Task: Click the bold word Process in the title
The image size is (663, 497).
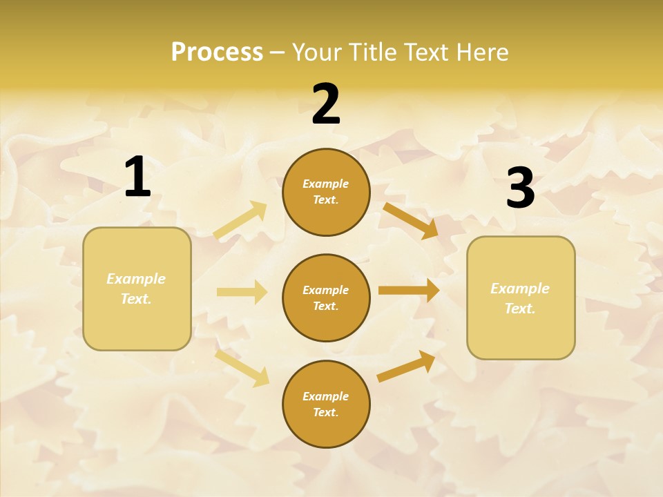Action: (217, 52)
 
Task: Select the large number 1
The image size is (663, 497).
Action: (137, 177)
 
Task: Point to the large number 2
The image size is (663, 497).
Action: (326, 104)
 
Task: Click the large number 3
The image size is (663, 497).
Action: (520, 188)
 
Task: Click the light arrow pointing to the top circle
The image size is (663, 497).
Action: (241, 220)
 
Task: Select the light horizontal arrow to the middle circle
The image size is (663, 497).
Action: (242, 292)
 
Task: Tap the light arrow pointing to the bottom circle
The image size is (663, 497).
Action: (242, 367)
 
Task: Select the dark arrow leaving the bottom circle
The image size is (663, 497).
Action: (407, 366)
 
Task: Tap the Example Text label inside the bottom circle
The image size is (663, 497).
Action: (326, 404)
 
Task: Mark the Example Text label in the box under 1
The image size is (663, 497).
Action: (136, 289)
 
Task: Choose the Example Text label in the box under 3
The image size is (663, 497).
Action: (520, 298)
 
